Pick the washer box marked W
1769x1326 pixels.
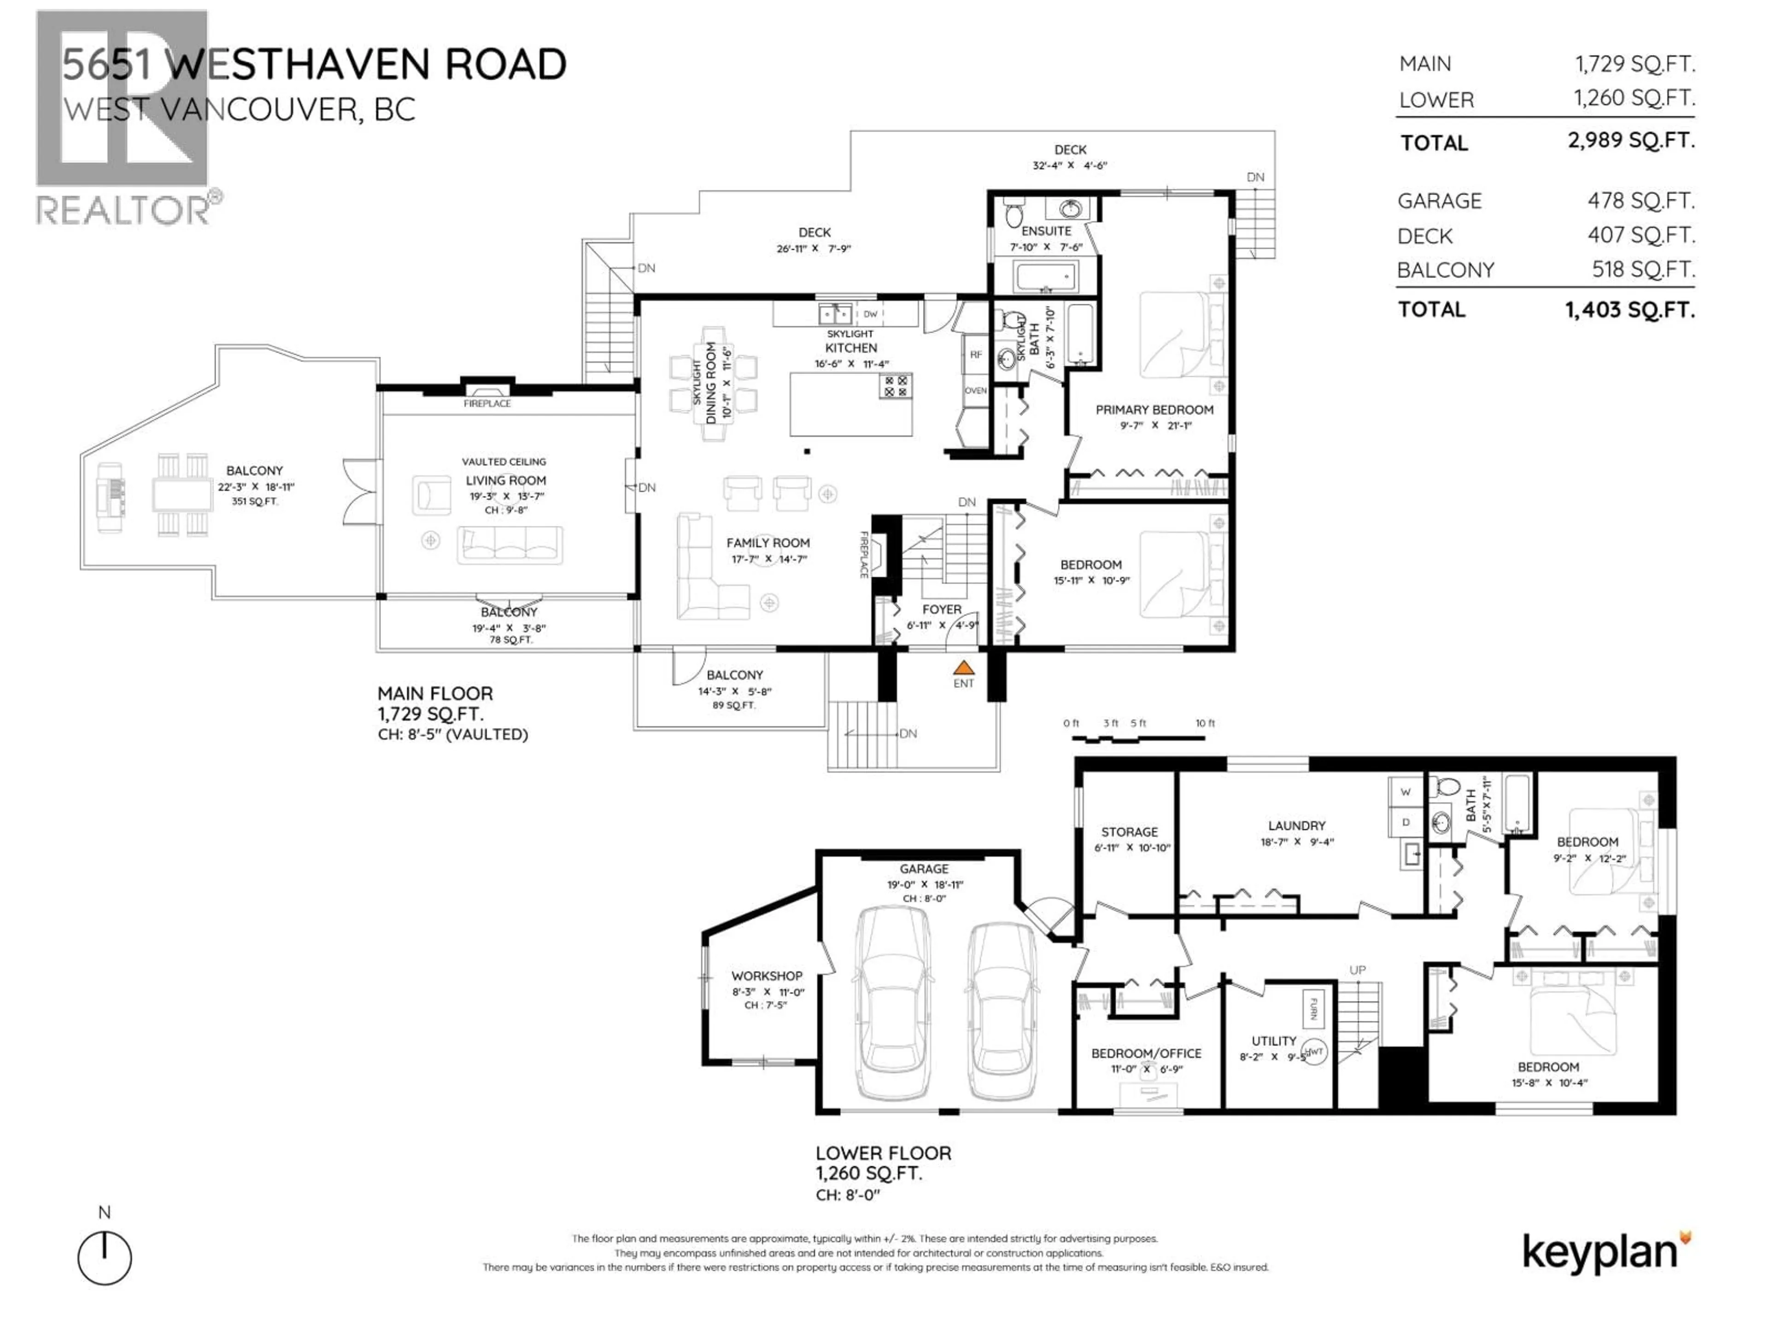[x=1405, y=792]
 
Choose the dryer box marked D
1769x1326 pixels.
[x=1405, y=822]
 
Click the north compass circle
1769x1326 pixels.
[x=105, y=1257]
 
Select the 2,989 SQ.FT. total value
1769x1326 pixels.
[x=1630, y=141]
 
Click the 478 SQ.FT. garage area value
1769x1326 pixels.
[x=1640, y=201]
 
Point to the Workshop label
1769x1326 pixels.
[x=766, y=976]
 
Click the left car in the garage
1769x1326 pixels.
[x=892, y=1004]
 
